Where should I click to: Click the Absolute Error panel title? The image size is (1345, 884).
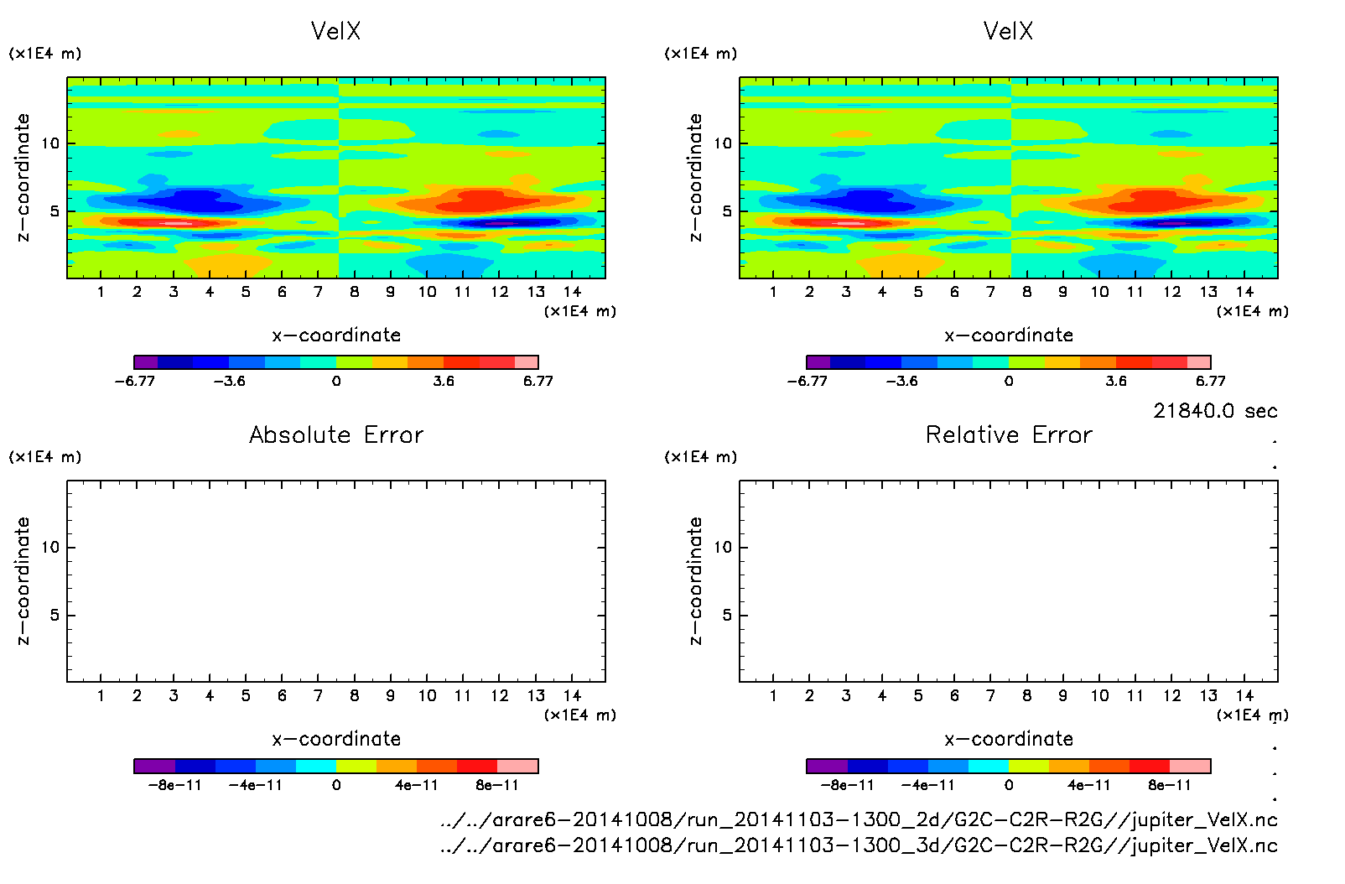pos(336,434)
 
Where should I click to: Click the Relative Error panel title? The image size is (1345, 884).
pos(1009,434)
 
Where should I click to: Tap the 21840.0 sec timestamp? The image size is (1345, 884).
pos(1215,411)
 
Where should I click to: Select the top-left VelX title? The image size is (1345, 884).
pos(335,31)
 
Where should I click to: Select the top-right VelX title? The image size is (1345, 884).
pos(1008,31)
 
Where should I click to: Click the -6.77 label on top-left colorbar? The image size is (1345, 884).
pos(135,381)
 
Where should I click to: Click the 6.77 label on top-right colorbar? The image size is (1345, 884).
pos(1210,381)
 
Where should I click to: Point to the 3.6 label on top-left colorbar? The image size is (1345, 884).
pos(444,381)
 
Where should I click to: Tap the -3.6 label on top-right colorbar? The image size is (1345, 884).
pos(901,381)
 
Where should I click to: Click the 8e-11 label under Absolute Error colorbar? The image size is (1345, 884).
pos(497,785)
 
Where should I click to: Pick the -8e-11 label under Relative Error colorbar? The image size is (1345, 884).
pos(847,785)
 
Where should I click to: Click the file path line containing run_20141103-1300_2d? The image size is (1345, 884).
pos(859,819)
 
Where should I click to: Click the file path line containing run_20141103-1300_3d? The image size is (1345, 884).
pos(859,845)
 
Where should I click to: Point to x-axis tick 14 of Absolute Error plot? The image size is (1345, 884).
pos(572,695)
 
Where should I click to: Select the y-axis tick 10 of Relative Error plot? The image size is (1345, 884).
pos(723,548)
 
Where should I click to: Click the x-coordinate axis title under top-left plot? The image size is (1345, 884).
pos(336,335)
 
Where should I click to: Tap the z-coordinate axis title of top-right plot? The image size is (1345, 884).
pos(695,178)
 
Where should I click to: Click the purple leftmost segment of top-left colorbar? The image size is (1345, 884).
pos(146,362)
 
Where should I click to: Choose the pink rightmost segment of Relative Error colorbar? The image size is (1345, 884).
pos(1190,766)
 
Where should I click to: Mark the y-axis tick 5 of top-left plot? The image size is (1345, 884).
pos(55,211)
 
